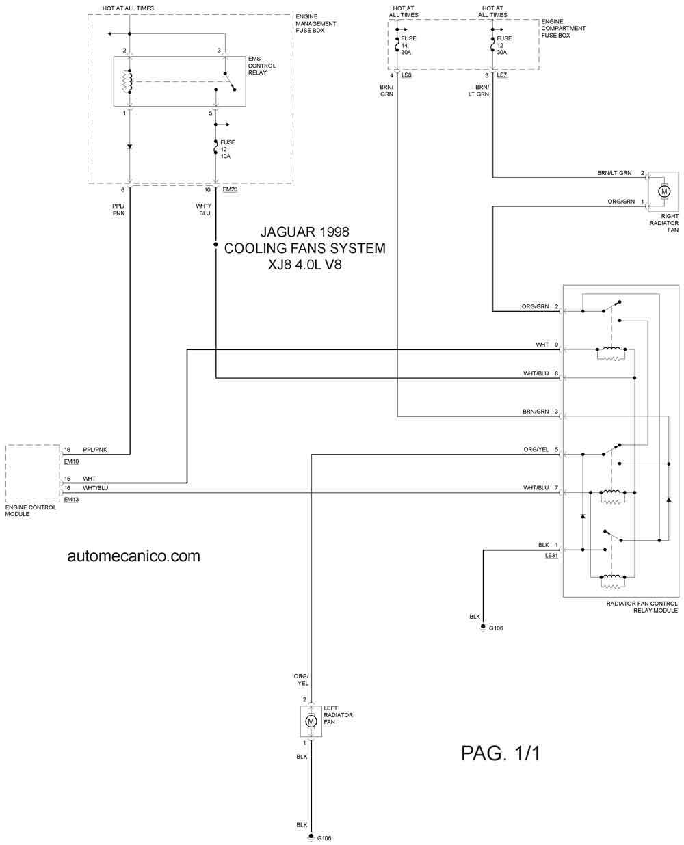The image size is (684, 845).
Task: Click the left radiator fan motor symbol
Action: (x=311, y=721)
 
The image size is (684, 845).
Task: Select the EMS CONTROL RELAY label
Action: (x=261, y=66)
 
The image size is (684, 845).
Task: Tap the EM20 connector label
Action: (x=229, y=189)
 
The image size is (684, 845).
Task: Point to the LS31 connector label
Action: (x=551, y=556)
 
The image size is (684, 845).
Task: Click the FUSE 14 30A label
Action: (x=408, y=45)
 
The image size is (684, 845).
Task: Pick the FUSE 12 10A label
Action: (x=228, y=149)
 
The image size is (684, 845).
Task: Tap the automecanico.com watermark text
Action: (x=134, y=556)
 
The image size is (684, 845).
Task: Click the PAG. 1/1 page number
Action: (x=501, y=753)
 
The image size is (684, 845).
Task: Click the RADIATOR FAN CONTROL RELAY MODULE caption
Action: (x=642, y=607)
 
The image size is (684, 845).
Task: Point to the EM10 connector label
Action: (x=71, y=461)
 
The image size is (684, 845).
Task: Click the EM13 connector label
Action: (x=71, y=500)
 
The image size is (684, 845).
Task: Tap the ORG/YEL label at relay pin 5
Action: (x=536, y=449)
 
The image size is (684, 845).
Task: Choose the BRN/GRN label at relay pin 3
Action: (x=536, y=412)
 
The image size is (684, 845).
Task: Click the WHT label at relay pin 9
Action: (x=542, y=345)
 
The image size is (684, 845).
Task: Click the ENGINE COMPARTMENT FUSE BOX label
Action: (x=563, y=28)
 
